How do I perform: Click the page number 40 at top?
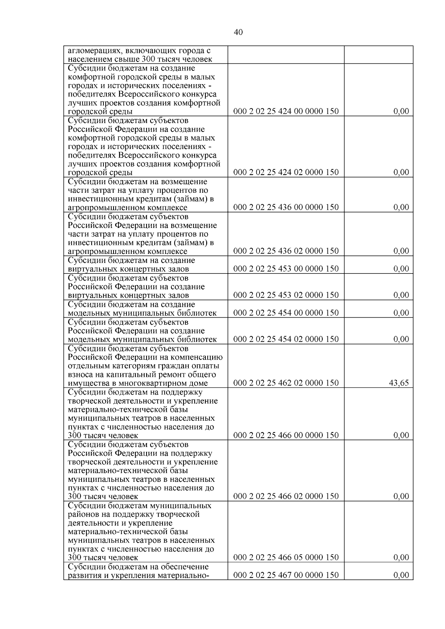[238, 32]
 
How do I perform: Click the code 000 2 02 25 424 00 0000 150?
[286, 111]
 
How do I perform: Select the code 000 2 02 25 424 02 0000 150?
[286, 172]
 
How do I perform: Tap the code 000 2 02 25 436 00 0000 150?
[286, 207]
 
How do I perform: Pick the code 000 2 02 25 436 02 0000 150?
[286, 251]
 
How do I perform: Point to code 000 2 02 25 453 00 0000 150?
[286, 269]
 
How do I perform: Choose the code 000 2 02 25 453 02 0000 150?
[286, 295]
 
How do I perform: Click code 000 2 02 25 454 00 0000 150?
[286, 313]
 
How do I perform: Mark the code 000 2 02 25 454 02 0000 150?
[286, 339]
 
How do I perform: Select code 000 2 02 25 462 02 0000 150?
[286, 383]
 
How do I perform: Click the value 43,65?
[399, 383]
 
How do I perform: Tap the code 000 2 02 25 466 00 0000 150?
[286, 435]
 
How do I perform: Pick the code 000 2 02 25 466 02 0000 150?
[286, 496]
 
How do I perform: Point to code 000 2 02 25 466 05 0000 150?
[286, 557]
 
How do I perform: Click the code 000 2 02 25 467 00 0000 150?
[286, 575]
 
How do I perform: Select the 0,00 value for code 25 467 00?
[401, 575]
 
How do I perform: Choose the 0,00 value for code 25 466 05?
[401, 557]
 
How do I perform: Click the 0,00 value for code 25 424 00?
[401, 111]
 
